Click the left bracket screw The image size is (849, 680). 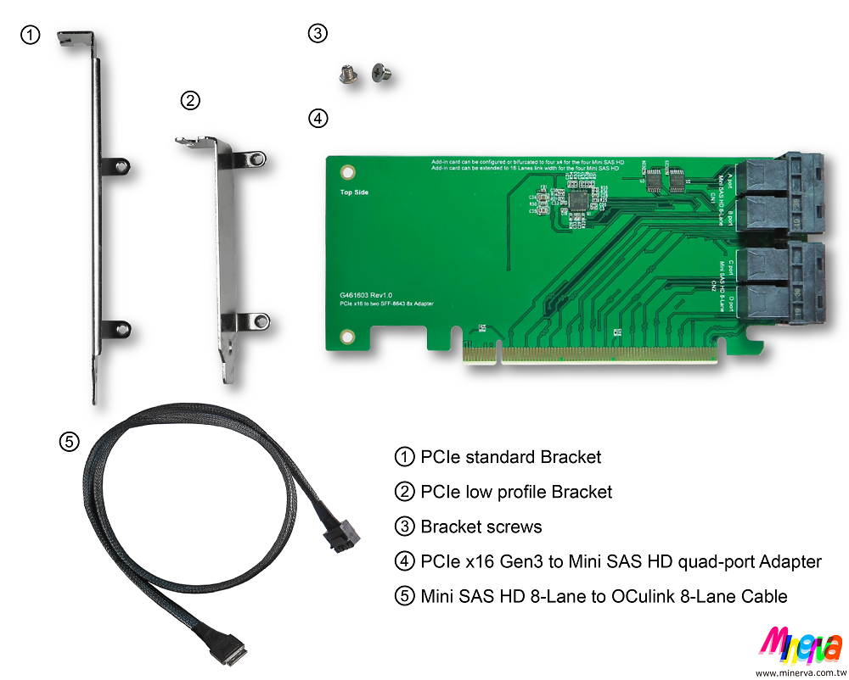coord(346,75)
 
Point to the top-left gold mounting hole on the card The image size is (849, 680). coord(346,172)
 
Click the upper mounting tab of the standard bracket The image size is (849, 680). coord(118,164)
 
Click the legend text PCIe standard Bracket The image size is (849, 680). coord(511,457)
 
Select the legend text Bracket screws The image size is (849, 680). coord(481,527)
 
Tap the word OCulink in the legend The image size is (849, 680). coord(638,596)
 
